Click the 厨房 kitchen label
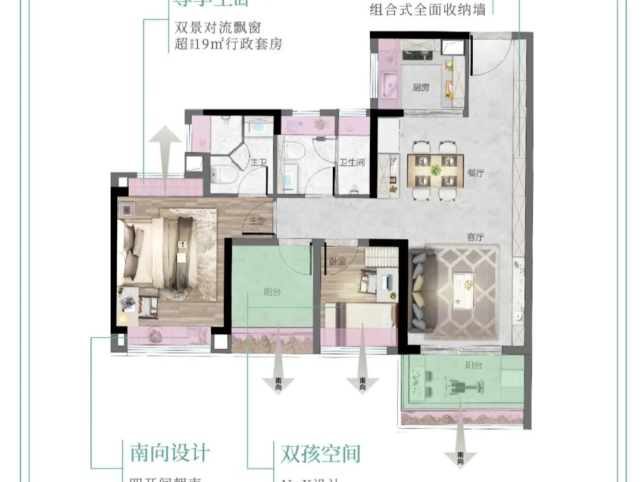pos(420,88)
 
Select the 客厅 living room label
pos(475,237)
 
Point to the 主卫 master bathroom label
pos(257,162)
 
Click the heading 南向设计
pos(170,452)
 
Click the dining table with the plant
pos(435,170)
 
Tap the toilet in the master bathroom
pos(225,173)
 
